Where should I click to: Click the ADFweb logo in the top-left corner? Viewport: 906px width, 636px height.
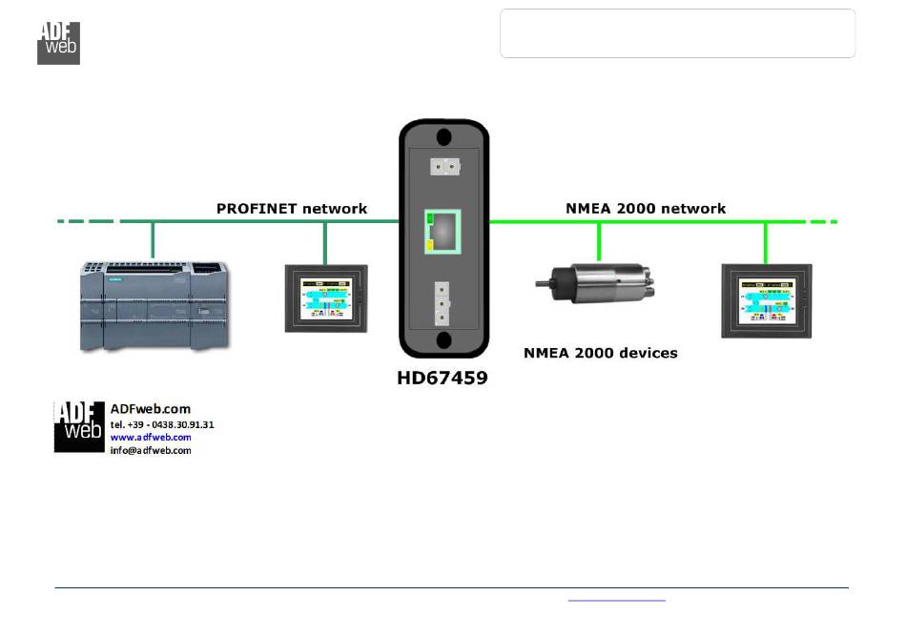(58, 42)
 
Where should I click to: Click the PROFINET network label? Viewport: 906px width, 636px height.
(292, 208)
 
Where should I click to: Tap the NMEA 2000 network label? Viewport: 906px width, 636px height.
(646, 208)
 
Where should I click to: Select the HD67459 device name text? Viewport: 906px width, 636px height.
(443, 379)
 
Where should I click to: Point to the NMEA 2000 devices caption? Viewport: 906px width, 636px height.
(601, 353)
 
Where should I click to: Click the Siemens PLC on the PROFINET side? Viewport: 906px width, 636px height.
(153, 305)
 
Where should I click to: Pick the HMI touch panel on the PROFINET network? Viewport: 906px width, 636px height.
(326, 297)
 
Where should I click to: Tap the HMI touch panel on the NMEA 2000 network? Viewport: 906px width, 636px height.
(766, 300)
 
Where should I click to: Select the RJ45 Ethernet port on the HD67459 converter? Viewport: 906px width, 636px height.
(443, 232)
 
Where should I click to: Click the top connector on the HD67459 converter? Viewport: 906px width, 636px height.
(443, 166)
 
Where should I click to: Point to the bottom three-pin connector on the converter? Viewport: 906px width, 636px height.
(443, 304)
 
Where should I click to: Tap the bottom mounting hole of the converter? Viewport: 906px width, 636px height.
(443, 339)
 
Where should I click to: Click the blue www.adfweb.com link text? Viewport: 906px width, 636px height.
(151, 438)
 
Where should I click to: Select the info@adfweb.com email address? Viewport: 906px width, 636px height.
(151, 450)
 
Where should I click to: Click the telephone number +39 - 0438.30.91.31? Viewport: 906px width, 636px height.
(162, 424)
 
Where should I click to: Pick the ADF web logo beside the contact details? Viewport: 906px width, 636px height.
(79, 426)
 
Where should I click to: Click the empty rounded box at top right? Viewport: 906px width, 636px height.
(677, 34)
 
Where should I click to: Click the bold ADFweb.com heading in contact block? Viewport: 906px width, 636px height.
(151, 409)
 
